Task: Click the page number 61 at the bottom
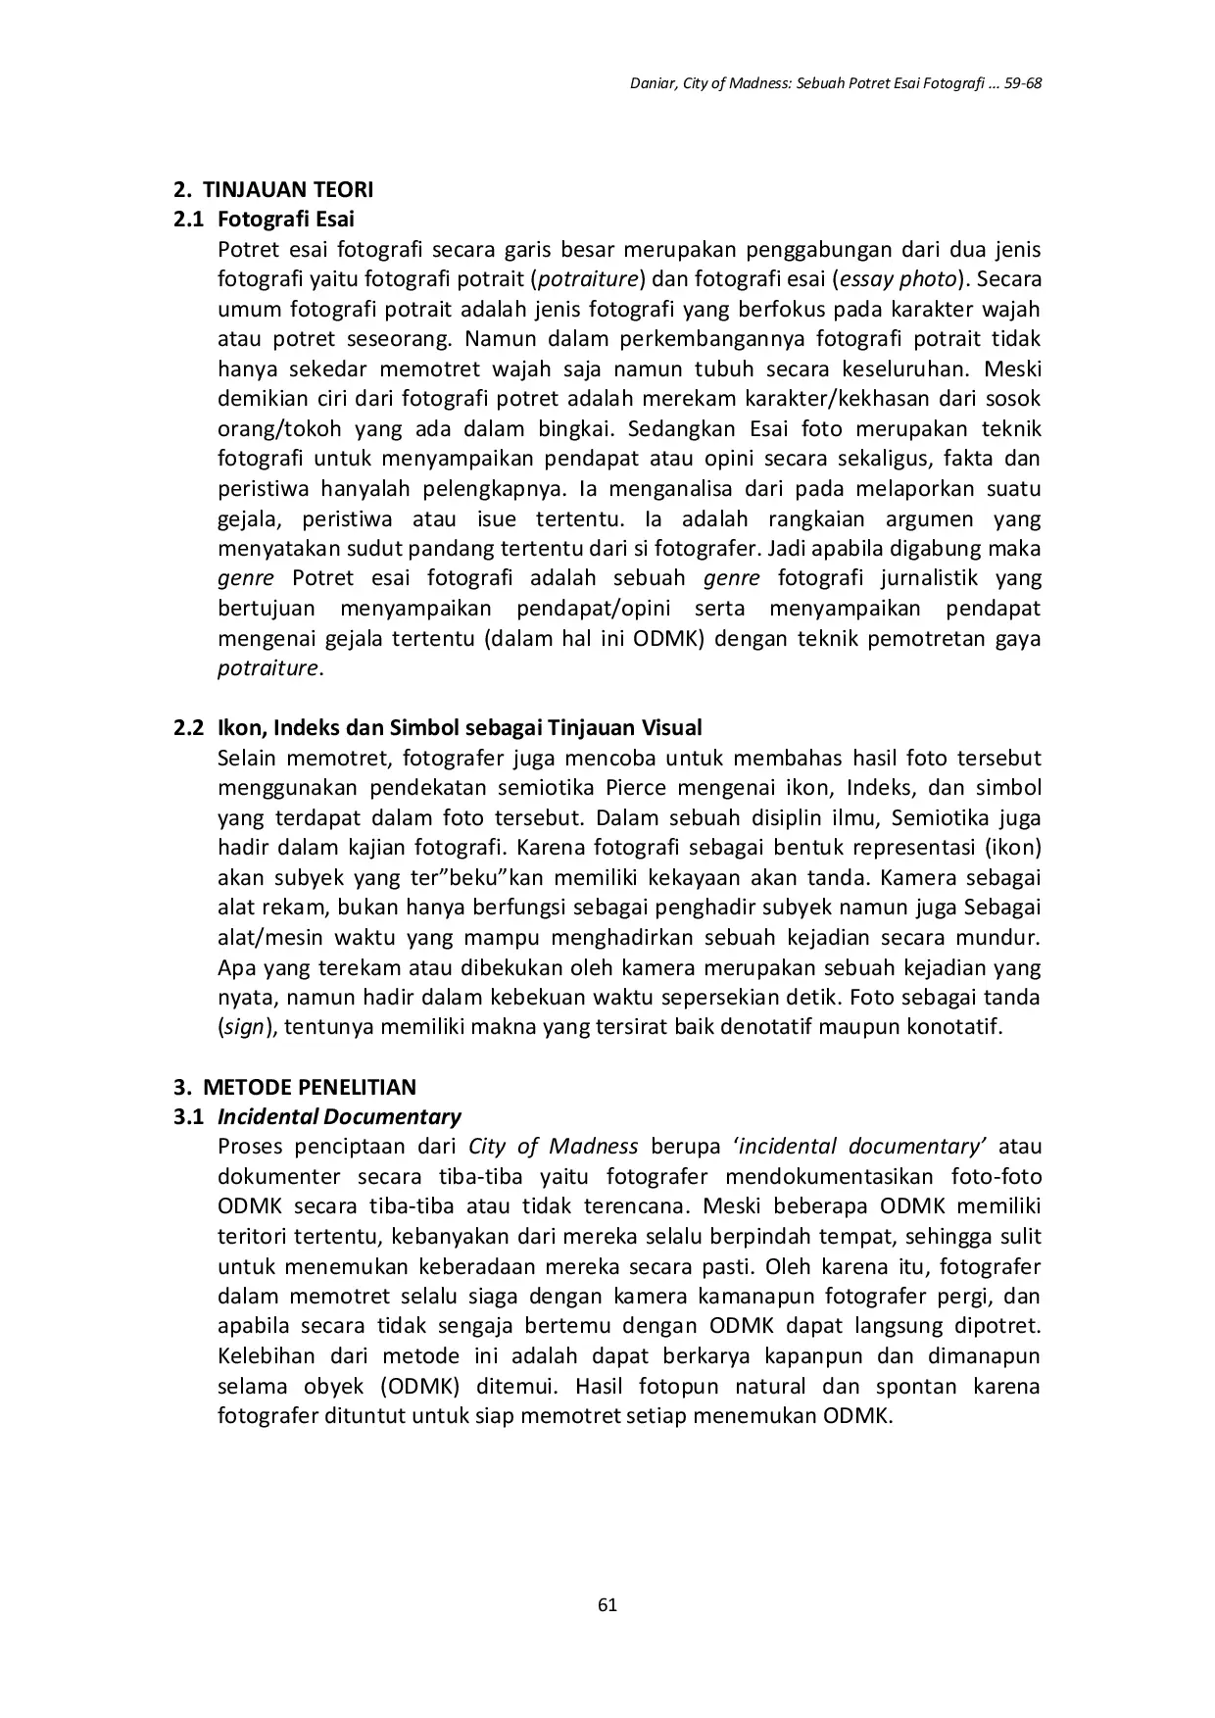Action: [x=607, y=1604]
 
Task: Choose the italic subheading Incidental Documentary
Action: [x=339, y=1116]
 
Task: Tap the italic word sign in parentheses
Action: [x=245, y=1028]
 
